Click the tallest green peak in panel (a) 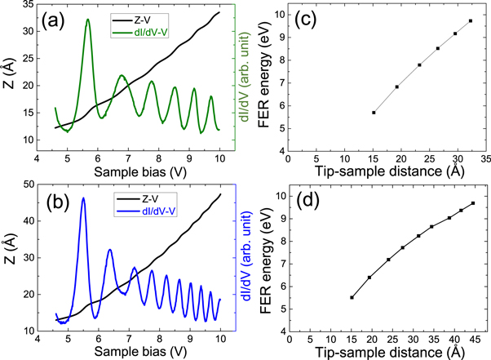pyautogui.click(x=87, y=20)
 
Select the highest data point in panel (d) pyautogui.click(x=473, y=203)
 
